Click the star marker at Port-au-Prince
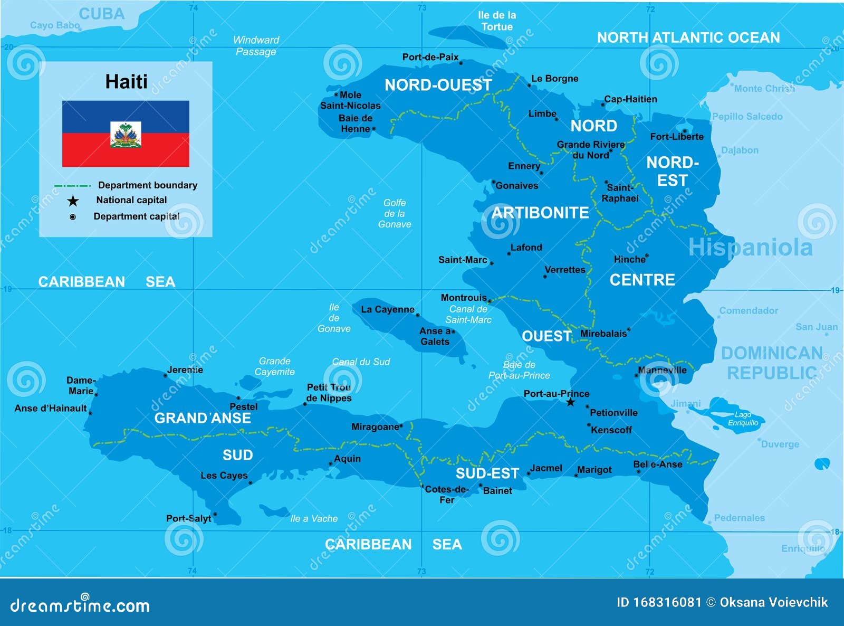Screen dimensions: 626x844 point(570,403)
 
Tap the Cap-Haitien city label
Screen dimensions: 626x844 point(630,99)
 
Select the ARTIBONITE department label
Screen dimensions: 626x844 point(540,213)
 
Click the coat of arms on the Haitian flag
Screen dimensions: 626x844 point(126,135)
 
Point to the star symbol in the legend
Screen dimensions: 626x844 point(73,201)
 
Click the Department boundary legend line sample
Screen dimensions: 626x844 point(72,186)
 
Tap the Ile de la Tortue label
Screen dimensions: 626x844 point(497,21)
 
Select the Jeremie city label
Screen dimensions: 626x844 point(185,370)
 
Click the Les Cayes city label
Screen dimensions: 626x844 point(224,476)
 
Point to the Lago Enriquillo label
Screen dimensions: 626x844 point(743,419)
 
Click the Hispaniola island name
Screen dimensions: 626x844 point(750,248)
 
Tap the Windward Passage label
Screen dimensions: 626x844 point(256,46)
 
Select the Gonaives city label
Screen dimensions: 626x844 point(517,186)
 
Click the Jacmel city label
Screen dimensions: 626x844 point(546,468)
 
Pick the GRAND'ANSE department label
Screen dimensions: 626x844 point(203,418)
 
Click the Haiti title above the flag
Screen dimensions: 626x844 point(126,82)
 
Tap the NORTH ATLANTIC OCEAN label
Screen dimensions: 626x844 point(688,37)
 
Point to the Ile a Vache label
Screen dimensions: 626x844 point(314,519)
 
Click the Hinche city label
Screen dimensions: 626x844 point(629,260)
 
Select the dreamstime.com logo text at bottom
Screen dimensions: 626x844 point(80,605)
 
